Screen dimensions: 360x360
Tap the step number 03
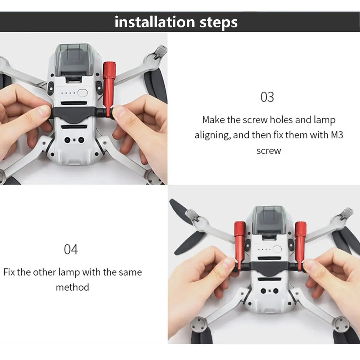click(267, 97)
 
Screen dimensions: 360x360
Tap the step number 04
click(71, 249)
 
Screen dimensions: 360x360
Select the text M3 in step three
click(335, 135)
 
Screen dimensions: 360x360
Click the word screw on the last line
click(268, 151)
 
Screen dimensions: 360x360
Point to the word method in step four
click(72, 287)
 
